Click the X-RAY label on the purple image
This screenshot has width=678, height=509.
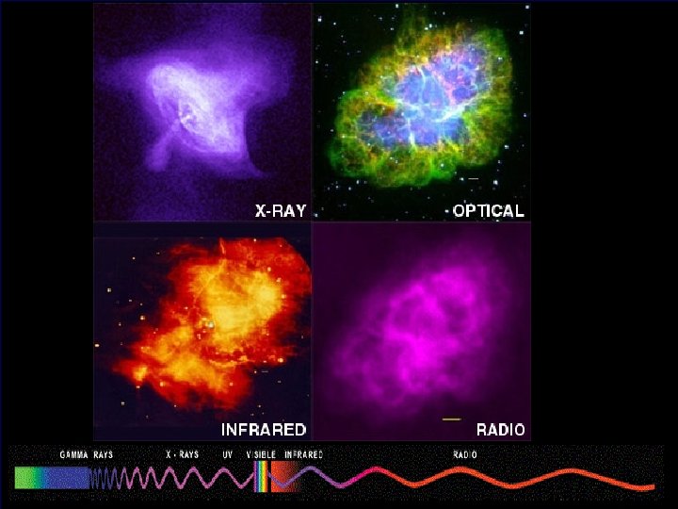281,210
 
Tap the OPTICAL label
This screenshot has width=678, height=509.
488,210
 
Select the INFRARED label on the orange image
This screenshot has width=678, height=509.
264,430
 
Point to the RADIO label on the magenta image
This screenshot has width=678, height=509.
500,430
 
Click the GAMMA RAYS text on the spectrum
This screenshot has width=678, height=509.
87,454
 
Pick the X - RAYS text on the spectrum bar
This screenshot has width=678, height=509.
182,454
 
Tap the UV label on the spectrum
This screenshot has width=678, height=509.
227,454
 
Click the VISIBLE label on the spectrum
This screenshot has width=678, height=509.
261,454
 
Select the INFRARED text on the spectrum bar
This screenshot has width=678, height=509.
303,454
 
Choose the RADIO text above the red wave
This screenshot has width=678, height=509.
465,454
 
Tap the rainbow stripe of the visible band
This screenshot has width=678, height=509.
261,479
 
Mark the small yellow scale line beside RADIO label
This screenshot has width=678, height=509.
451,418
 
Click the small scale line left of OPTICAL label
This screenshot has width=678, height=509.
474,179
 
